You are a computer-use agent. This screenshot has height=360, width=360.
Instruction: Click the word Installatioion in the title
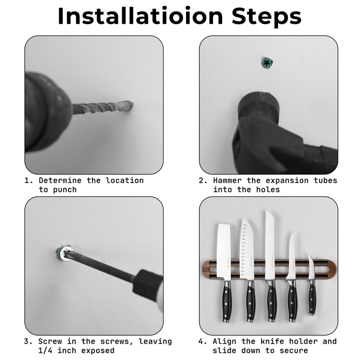pos(141,16)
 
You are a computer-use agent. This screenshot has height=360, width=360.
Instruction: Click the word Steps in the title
pos(266,16)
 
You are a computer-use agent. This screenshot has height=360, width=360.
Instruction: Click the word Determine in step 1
pos(60,180)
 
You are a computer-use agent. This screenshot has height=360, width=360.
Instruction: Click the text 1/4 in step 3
pos(47,350)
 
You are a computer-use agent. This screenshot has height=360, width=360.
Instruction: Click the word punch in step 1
pos(65,190)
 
